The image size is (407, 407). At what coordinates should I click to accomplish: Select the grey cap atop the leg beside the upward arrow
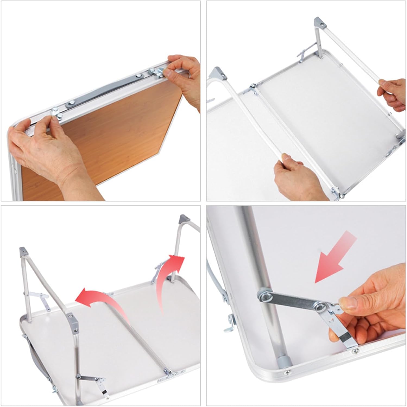coord(183,219)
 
